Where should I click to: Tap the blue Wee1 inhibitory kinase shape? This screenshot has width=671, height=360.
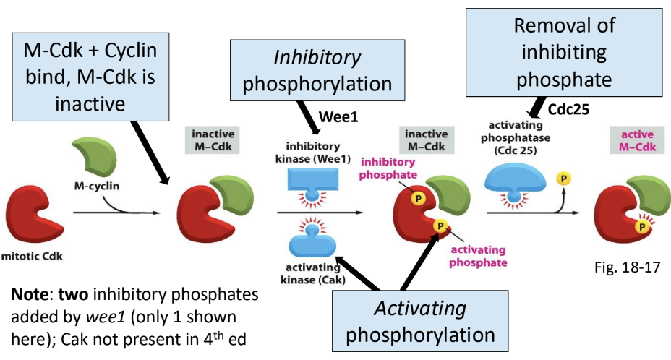(x=313, y=183)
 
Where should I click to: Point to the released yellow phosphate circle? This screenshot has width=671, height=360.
(x=563, y=179)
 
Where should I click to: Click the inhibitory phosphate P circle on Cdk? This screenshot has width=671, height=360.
(x=418, y=198)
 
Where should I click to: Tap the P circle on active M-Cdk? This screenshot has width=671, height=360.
(x=641, y=226)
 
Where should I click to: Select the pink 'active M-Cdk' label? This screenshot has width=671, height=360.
(x=637, y=140)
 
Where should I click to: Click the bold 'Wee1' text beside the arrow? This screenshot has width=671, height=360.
(x=338, y=116)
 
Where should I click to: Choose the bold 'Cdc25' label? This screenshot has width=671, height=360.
(x=569, y=110)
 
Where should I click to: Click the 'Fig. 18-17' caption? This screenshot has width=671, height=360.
(x=628, y=267)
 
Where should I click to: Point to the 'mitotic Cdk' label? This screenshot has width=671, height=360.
(x=32, y=257)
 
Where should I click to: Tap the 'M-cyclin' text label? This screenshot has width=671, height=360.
(x=97, y=186)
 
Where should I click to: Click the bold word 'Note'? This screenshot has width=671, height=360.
(x=29, y=294)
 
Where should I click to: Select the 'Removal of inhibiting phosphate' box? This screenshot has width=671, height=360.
(x=564, y=52)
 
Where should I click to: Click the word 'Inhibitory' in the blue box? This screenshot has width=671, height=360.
(x=317, y=58)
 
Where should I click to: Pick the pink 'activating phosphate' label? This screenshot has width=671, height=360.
(x=478, y=256)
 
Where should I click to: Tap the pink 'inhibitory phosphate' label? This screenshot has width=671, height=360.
(x=388, y=168)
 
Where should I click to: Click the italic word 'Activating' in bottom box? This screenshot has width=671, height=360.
(x=420, y=308)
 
